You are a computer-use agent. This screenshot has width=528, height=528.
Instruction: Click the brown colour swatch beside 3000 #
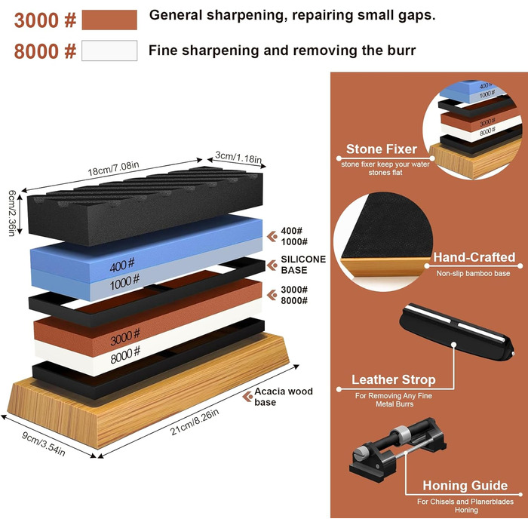coord(109,20)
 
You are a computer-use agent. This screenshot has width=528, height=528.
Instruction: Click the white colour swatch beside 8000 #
coord(109,51)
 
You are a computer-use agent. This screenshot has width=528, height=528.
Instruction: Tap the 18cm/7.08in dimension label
coord(113,169)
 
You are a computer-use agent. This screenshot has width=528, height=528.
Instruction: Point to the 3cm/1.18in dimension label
coord(239,157)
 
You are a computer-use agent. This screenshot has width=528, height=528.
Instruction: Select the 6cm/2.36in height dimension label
coord(12,213)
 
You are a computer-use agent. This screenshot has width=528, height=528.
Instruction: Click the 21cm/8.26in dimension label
coord(195,422)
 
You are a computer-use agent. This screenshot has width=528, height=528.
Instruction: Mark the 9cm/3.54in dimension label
coord(44,444)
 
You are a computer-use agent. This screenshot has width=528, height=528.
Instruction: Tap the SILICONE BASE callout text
coord(303,264)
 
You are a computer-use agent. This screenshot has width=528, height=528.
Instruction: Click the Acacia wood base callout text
coord(284,396)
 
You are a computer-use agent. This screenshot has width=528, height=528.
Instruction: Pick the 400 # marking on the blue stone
coord(122,265)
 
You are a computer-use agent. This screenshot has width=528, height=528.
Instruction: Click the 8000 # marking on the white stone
coord(125,355)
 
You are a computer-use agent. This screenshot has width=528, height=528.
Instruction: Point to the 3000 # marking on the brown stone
coord(125,337)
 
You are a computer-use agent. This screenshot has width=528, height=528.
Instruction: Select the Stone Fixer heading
coord(382,149)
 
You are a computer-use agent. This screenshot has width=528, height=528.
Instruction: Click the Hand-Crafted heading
coord(474,257)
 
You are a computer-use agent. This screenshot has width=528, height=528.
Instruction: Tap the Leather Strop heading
coord(394,379)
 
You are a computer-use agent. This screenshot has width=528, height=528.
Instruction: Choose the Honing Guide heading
coord(465,486)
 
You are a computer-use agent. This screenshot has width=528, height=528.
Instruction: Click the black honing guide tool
coord(398,444)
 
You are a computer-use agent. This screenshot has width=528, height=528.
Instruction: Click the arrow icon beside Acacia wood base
coord(247,396)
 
